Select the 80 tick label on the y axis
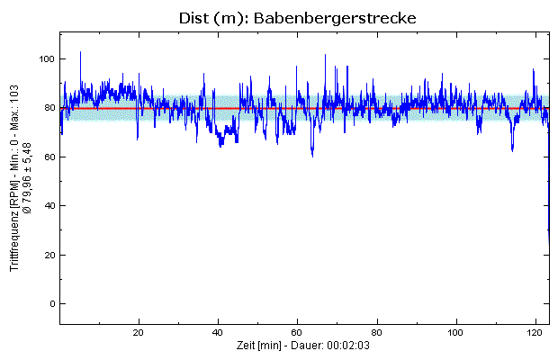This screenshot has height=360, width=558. [x=49, y=108]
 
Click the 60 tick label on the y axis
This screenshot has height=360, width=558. [x=49, y=157]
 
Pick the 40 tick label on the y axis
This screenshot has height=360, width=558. [x=49, y=206]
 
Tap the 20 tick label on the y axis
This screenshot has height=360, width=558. [x=49, y=256]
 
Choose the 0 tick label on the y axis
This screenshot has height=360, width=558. [x=51, y=304]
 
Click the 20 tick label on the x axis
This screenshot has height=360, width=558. [x=139, y=331]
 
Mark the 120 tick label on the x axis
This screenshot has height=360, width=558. [x=537, y=331]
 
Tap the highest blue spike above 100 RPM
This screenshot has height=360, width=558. [x=81, y=53]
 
